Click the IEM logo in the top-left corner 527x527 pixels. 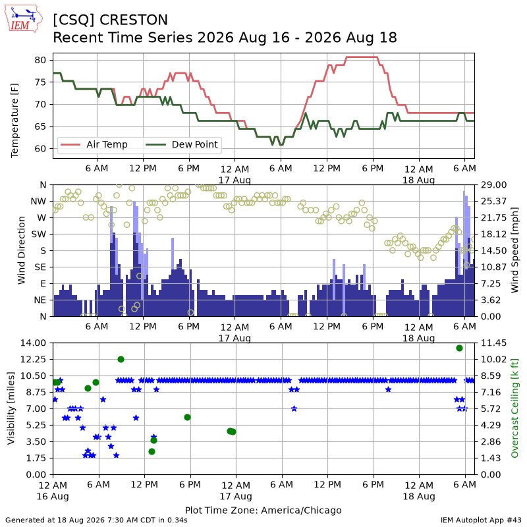tap(24, 18)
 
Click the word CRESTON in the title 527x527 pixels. tap(134, 20)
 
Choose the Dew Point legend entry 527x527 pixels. tap(182, 144)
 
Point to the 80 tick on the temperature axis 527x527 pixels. tap(40, 60)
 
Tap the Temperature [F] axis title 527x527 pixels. tap(14, 121)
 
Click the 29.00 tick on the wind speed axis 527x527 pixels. tap(493, 185)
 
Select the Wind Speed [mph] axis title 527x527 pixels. tap(514, 250)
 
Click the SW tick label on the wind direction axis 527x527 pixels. tap(39, 235)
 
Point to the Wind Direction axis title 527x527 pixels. tap(22, 250)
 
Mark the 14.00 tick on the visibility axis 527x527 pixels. tap(33, 343)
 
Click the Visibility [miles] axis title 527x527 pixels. tap(11, 408)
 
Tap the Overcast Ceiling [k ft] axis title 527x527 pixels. tap(514, 408)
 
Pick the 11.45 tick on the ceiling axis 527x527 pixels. tap(493, 343)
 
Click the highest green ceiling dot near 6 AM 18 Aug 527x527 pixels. tap(459, 348)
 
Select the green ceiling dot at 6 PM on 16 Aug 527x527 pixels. tap(188, 418)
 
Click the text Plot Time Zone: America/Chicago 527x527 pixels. tap(263, 510)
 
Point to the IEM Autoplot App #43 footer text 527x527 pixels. tap(481, 520)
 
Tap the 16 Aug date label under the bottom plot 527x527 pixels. tap(53, 497)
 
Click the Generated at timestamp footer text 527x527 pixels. tap(96, 520)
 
